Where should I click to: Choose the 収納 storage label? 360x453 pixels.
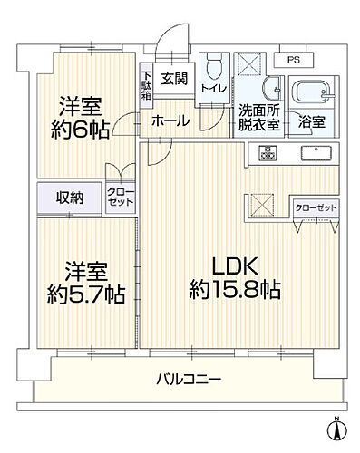pyautogui.click(x=67, y=197)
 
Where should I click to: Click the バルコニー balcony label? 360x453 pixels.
pyautogui.click(x=189, y=380)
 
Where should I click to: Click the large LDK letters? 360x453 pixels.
pyautogui.click(x=238, y=266)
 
